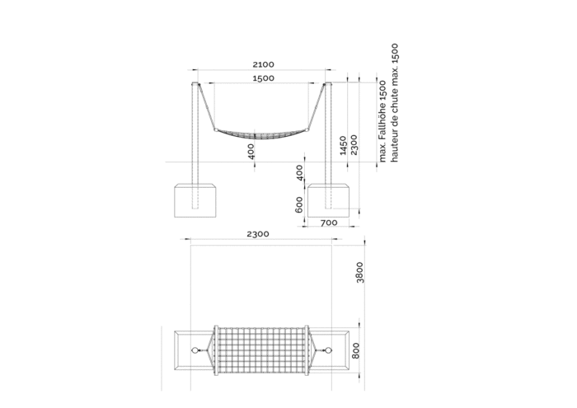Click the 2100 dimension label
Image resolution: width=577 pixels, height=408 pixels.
tap(263, 64)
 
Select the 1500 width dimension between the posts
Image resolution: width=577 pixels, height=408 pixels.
tap(263, 78)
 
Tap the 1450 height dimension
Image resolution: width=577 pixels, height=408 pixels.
tap(343, 145)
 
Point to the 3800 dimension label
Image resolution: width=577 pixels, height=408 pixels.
tap(359, 272)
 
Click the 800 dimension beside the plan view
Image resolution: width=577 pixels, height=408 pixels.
tap(355, 350)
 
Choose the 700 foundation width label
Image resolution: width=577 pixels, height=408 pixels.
tap(329, 223)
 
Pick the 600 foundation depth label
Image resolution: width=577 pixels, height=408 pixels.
tap(299, 204)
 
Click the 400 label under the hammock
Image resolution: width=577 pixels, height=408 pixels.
tap(251, 151)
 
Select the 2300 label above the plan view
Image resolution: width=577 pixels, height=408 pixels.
tap(258, 234)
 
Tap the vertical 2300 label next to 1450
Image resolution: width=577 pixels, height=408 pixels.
tap(354, 144)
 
